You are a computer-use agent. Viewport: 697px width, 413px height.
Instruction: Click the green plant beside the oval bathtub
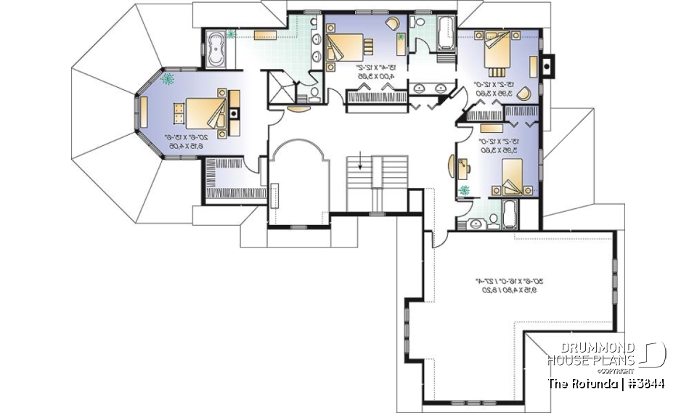point(232,33)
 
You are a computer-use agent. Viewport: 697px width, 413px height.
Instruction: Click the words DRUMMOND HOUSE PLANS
point(591,353)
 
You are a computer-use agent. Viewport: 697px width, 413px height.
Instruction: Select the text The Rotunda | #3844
point(606,383)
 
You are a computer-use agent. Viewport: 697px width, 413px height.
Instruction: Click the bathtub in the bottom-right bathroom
point(510,216)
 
